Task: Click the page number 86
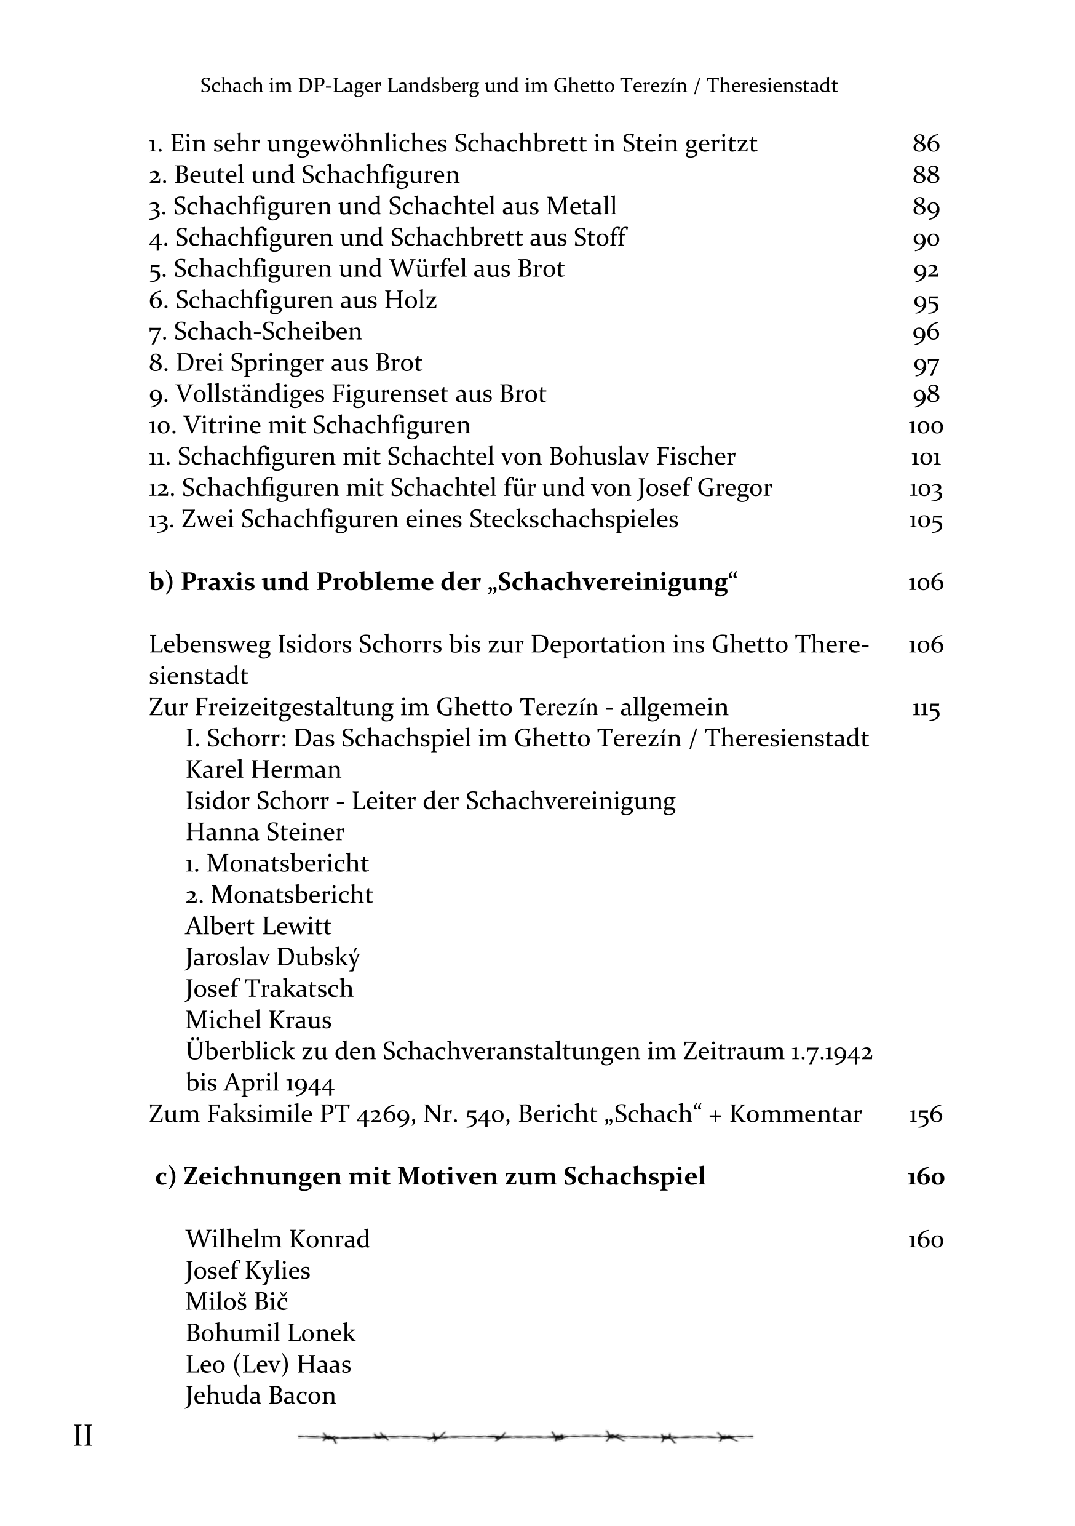point(926,143)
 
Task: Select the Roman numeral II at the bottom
point(82,1436)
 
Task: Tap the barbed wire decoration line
point(525,1437)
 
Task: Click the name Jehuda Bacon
point(260,1395)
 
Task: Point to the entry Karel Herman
point(263,769)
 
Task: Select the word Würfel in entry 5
point(427,268)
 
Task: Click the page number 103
point(926,489)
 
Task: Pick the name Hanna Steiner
point(264,831)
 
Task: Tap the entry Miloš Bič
point(237,1301)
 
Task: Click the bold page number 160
point(926,1176)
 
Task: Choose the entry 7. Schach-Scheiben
point(256,331)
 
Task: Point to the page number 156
point(926,1114)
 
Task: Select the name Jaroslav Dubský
point(272,957)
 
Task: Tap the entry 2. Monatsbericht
point(279,895)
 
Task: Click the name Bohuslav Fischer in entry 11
point(642,457)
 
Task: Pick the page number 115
point(926,708)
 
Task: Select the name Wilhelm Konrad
point(277,1239)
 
